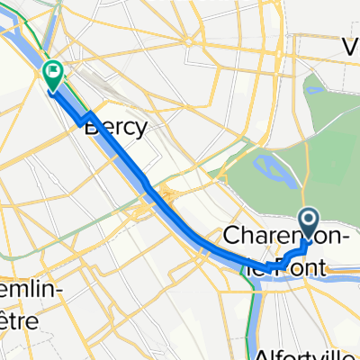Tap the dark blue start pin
click(x=308, y=220)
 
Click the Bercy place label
click(x=115, y=128)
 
